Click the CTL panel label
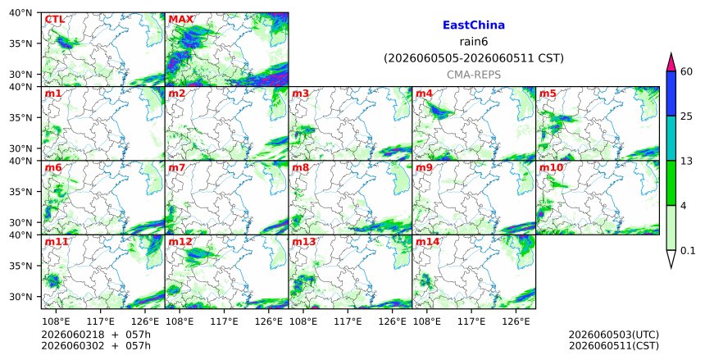(54, 20)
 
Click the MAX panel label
(180, 20)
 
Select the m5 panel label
(548, 93)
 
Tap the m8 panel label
(300, 168)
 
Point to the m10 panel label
(551, 168)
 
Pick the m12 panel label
(180, 242)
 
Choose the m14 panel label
(427, 242)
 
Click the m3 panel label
(300, 93)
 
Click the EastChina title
(474, 25)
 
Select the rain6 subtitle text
(474, 42)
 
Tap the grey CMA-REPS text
(474, 75)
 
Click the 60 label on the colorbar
(687, 71)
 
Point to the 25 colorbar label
(687, 116)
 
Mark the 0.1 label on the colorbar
(688, 251)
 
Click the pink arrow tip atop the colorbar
(671, 53)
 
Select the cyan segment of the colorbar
(671, 138)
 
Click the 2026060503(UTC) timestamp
(614, 335)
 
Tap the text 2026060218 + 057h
(96, 335)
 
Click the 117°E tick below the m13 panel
(348, 321)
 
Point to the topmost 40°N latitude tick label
(20, 12)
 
